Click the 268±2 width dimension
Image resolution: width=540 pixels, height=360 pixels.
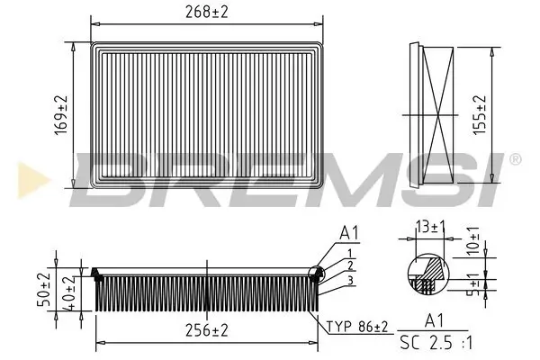[207, 12]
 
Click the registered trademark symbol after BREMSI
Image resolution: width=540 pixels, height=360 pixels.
[515, 159]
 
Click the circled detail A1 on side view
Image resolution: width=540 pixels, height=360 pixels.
[316, 275]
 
